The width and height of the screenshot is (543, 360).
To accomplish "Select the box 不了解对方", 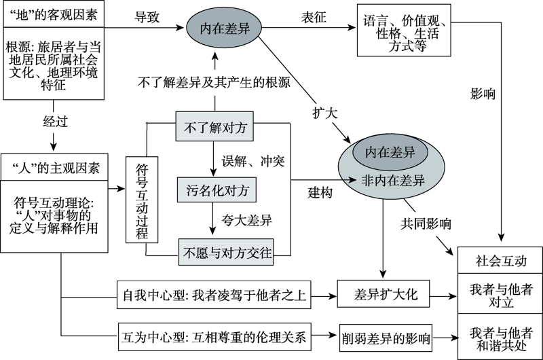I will (214, 126).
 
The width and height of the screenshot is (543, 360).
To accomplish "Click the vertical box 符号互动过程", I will (142, 200).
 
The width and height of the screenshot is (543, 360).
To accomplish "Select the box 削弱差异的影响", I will (384, 336).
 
